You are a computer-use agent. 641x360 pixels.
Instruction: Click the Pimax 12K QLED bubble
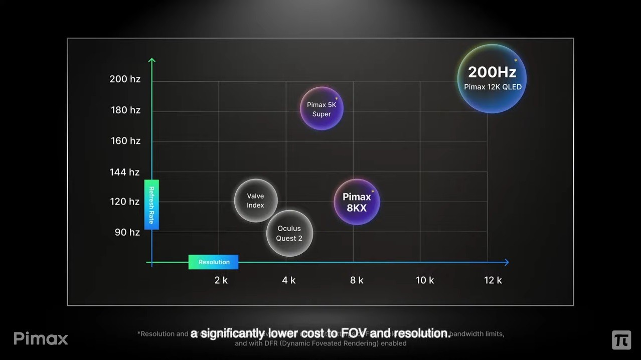click(x=492, y=79)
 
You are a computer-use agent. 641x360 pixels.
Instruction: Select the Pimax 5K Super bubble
click(x=322, y=109)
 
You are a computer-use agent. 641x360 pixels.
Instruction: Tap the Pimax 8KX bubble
click(x=357, y=202)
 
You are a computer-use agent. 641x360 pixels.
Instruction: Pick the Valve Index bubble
click(x=255, y=201)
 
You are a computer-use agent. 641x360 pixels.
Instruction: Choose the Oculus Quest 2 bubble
click(x=289, y=233)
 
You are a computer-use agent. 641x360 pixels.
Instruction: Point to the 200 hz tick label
click(x=125, y=79)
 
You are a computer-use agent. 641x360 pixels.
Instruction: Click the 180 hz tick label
click(x=125, y=110)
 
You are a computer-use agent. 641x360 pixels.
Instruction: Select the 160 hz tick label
click(x=125, y=141)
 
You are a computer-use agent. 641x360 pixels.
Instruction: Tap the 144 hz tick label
click(x=124, y=172)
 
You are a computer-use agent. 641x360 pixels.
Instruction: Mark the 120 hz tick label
click(x=125, y=202)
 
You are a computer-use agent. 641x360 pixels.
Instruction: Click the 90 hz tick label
click(x=127, y=233)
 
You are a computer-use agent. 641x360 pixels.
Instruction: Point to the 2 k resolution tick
click(x=221, y=280)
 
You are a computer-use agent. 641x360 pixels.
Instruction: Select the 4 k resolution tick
click(x=288, y=280)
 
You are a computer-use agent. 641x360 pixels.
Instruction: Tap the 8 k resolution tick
click(x=357, y=280)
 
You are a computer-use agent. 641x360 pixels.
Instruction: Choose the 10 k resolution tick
click(x=424, y=280)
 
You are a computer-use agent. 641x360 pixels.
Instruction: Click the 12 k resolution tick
click(x=493, y=280)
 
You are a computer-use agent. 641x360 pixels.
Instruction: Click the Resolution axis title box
click(x=214, y=262)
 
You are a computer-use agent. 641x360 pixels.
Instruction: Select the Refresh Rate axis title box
click(x=151, y=205)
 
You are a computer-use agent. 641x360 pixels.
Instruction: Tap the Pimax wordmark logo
click(x=41, y=338)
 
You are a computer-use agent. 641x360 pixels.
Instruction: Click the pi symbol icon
click(x=621, y=340)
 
